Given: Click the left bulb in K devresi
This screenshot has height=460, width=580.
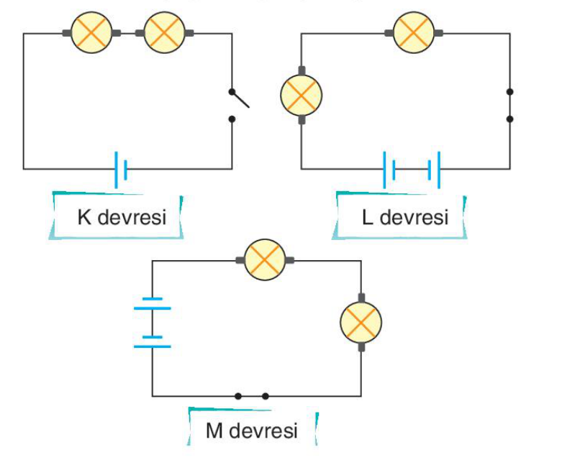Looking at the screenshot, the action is coord(91,32).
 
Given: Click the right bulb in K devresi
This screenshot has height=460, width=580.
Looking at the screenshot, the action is coord(164,32).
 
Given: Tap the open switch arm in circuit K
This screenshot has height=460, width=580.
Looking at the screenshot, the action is coord(240,99).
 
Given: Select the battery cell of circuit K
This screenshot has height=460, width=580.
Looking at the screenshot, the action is coord(121,170).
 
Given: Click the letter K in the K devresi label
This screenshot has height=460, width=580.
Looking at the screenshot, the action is coord(84,217).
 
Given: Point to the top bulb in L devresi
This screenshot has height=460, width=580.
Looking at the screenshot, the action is coord(414,32).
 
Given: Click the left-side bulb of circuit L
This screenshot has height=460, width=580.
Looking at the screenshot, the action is coord(302,96).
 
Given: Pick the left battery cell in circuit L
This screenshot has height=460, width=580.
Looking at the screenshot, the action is coord(389,170).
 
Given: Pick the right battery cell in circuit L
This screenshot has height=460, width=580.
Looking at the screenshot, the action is coord(434,170).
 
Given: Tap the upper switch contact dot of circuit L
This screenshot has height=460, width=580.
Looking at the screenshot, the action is coord(509,91).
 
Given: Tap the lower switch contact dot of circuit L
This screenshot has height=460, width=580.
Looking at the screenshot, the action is coord(509,119).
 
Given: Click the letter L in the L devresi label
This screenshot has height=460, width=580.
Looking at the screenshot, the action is coord(367,217).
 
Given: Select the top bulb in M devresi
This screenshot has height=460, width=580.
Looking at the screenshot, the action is coord(265,259).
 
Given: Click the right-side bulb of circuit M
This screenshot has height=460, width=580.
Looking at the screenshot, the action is coord(361,322).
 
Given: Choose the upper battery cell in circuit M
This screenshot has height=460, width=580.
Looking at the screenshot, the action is coord(153,303).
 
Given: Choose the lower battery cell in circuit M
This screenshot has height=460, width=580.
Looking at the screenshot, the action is coord(153,342).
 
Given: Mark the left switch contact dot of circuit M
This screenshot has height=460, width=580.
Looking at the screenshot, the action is coord(238,397).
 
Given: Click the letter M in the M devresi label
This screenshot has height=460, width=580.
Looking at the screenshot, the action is coord(214,431).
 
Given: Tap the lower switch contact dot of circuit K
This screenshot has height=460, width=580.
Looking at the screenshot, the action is coord(232,119).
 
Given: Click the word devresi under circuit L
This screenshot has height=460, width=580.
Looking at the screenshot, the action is coord(414,217).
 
